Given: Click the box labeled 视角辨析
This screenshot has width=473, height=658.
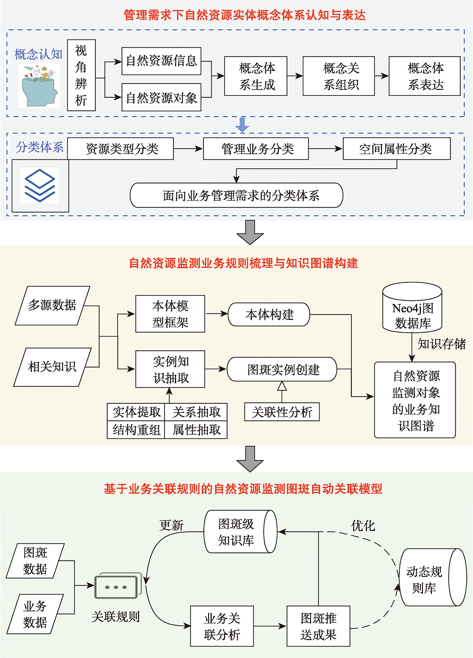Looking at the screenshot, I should point(81,75).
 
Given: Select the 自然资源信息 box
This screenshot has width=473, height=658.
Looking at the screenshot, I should point(161,61).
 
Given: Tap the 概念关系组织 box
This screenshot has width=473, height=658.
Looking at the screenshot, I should point(338,76).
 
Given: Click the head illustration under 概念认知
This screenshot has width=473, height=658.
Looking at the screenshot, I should point(39,86).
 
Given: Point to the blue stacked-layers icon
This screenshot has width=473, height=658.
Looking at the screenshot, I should point(40,185).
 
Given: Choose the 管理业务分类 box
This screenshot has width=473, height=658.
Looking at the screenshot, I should point(255,149).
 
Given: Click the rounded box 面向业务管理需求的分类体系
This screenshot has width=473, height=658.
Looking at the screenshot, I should point(236,195).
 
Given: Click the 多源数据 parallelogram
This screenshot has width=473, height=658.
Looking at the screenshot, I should point(52,306).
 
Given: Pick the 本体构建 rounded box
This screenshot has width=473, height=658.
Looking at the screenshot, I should point(269,315).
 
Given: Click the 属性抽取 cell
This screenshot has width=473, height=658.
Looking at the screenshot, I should point(196,430).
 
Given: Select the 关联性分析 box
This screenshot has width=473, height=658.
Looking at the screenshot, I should point(282,412).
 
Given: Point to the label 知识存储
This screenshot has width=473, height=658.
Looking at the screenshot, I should point(441,344).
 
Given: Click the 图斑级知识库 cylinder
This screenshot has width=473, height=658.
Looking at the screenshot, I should point(240,531).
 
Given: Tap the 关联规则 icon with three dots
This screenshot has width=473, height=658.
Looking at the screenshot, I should point(116,587).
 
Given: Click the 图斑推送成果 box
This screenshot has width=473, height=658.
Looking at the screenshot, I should point(318,626).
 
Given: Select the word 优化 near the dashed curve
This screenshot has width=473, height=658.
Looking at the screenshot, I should point(363,526).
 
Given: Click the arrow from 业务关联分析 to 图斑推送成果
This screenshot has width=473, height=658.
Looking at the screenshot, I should point(270,626).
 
